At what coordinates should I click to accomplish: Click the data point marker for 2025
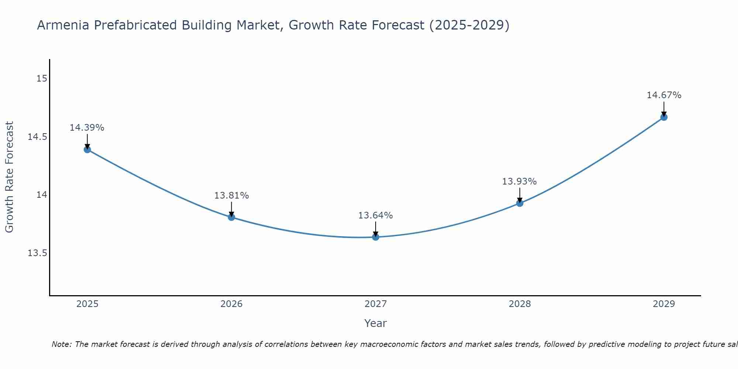(x=87, y=149)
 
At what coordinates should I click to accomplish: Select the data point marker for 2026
(x=231, y=217)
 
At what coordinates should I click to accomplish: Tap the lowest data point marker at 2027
(x=376, y=237)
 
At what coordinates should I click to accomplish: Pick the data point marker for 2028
(x=520, y=203)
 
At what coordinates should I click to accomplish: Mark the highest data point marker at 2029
(x=664, y=117)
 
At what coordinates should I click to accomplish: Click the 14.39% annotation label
(x=87, y=128)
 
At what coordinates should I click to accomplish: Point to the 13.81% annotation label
(x=231, y=196)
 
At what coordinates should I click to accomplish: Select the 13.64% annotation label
(x=375, y=215)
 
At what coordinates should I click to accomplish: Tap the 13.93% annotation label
(x=519, y=182)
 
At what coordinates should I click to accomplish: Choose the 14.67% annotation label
(x=664, y=95)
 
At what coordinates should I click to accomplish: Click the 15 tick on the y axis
(x=42, y=79)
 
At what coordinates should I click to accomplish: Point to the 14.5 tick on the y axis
(x=38, y=137)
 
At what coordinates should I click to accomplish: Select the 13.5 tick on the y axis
(x=38, y=253)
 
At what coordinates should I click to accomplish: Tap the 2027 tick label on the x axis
(x=376, y=304)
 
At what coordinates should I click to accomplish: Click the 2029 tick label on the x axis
(x=664, y=304)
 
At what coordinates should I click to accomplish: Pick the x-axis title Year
(x=375, y=323)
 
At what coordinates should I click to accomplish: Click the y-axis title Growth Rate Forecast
(x=9, y=177)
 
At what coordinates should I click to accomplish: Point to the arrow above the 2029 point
(x=664, y=109)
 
